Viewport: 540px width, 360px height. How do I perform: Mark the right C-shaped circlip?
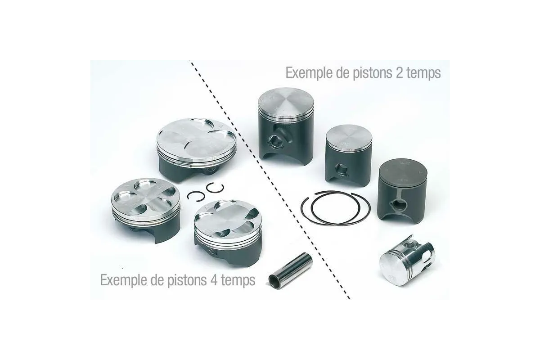click(x=215, y=189)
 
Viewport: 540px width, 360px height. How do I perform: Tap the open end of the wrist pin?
click(x=274, y=280)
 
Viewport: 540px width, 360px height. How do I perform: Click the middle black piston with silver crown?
click(x=349, y=153)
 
